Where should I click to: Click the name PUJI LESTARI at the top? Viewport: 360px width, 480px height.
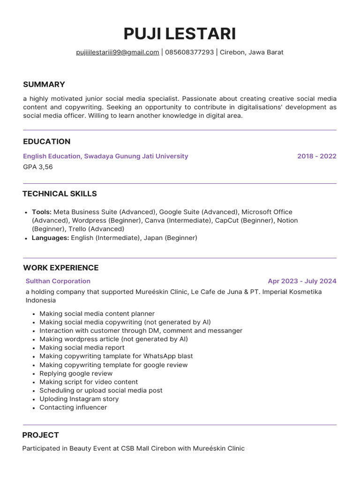click(x=180, y=34)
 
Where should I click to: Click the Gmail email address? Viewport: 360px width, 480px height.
click(x=118, y=52)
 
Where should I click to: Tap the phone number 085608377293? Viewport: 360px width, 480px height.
click(x=189, y=52)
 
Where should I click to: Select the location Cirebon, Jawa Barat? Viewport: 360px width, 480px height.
click(x=252, y=52)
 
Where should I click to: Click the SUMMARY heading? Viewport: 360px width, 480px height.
click(x=44, y=84)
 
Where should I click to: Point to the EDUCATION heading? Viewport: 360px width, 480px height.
click(x=47, y=142)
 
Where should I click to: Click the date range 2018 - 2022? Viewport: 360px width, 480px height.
click(x=317, y=156)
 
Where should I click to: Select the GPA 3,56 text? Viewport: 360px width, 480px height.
click(x=38, y=167)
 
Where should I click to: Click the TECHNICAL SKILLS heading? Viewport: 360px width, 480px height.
click(x=60, y=194)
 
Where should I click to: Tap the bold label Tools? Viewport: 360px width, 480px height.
click(x=42, y=212)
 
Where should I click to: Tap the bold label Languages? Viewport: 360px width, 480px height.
click(x=51, y=238)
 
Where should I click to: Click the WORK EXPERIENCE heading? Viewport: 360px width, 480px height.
click(x=61, y=268)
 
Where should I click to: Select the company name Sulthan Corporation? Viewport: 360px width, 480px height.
click(x=58, y=281)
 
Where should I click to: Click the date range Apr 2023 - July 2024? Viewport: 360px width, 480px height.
click(x=302, y=281)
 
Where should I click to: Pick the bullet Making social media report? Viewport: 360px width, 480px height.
click(x=82, y=347)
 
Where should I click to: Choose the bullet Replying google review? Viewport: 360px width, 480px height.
click(x=76, y=374)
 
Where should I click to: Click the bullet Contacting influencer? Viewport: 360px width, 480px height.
click(x=73, y=407)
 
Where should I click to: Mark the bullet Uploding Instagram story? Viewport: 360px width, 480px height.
click(x=79, y=399)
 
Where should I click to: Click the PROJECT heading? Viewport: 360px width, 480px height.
click(x=41, y=435)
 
